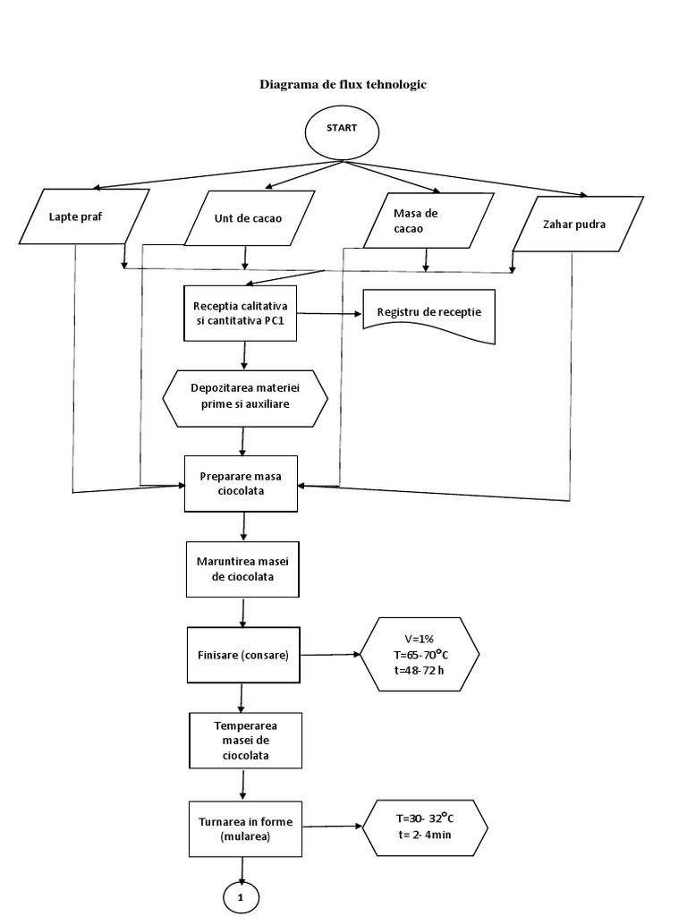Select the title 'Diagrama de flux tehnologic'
pos(343,85)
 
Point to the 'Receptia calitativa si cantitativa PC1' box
pos(241,313)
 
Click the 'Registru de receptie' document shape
pos(429,314)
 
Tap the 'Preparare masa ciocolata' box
pos(241,483)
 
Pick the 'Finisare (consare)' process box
pos(242,656)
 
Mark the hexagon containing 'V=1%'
pos(420,656)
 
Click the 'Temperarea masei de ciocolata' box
pos(244,740)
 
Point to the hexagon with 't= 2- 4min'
pos(426,827)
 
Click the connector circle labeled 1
pos(241,895)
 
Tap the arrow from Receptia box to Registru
pos(330,314)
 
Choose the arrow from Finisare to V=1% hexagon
pos(330,656)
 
